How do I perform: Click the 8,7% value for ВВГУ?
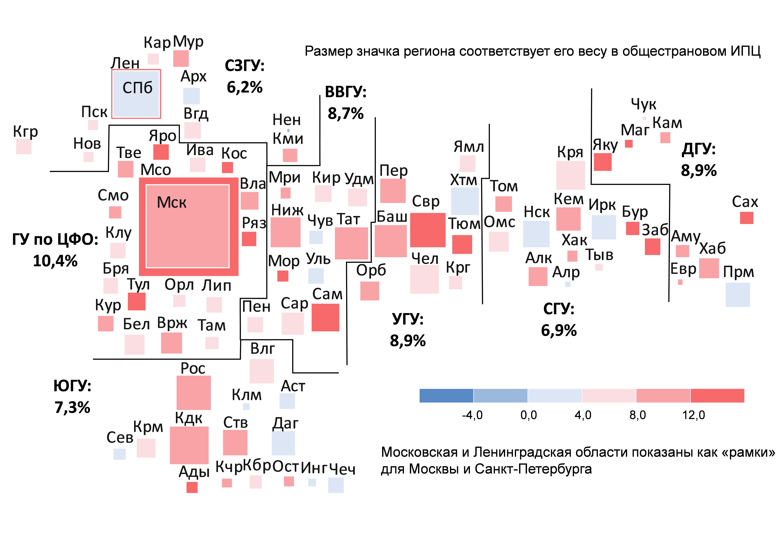pos(345,113)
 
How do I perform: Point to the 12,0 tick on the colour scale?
pos(693,415)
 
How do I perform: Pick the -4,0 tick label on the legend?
pos(472,415)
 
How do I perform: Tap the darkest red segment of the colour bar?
pos(717,396)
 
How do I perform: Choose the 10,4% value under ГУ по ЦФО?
pos(55,261)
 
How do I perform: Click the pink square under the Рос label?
pos(193,393)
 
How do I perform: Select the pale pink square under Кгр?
pos(24,147)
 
